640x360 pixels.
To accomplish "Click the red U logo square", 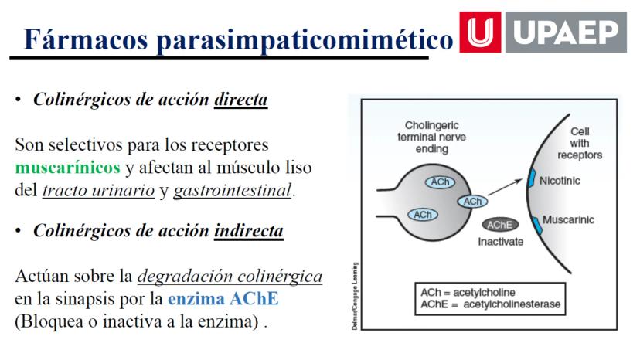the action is [480, 32].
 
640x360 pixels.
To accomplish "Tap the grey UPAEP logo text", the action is [566, 32].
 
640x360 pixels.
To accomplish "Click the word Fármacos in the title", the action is [86, 39].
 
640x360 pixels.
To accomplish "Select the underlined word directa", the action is [241, 99].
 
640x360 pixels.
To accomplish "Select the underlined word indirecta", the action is [249, 231].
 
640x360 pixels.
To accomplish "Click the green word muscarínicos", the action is [68, 168].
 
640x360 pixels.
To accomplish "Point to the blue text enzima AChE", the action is [223, 298].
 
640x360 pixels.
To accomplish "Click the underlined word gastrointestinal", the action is [233, 191].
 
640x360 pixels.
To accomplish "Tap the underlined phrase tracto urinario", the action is [98, 191].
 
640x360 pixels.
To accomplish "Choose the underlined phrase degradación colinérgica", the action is [230, 277].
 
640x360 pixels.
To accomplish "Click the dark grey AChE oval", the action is [500, 225].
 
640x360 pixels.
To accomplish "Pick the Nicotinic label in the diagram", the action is [560, 181].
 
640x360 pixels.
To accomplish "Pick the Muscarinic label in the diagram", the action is [568, 219].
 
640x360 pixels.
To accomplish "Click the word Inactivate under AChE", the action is [500, 242].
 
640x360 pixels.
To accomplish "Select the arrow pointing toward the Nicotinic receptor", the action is [506, 187].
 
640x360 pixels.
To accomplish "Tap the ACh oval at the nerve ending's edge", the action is [472, 201].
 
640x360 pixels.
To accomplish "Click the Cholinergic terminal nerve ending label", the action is [432, 138].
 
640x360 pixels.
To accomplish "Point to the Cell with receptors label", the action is [580, 143].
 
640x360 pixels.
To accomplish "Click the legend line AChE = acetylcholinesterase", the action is [490, 304].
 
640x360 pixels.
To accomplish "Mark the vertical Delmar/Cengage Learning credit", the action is [355, 296].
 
